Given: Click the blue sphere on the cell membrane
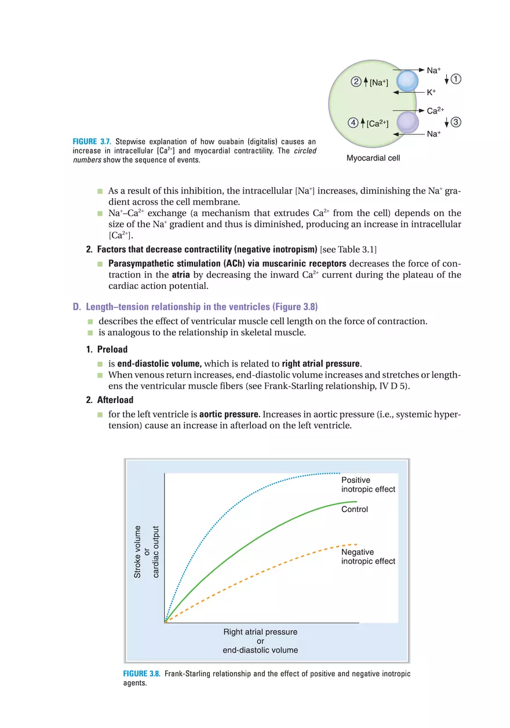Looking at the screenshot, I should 406,81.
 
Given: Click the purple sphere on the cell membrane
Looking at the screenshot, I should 406,122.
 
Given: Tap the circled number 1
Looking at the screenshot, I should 456,79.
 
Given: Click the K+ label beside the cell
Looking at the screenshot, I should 431,92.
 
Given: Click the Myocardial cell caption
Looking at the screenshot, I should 373,158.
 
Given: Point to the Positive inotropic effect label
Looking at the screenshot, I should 368,485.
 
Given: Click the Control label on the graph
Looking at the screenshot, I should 355,510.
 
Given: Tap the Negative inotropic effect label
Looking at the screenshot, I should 368,557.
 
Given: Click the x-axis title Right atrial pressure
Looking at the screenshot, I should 260,632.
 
